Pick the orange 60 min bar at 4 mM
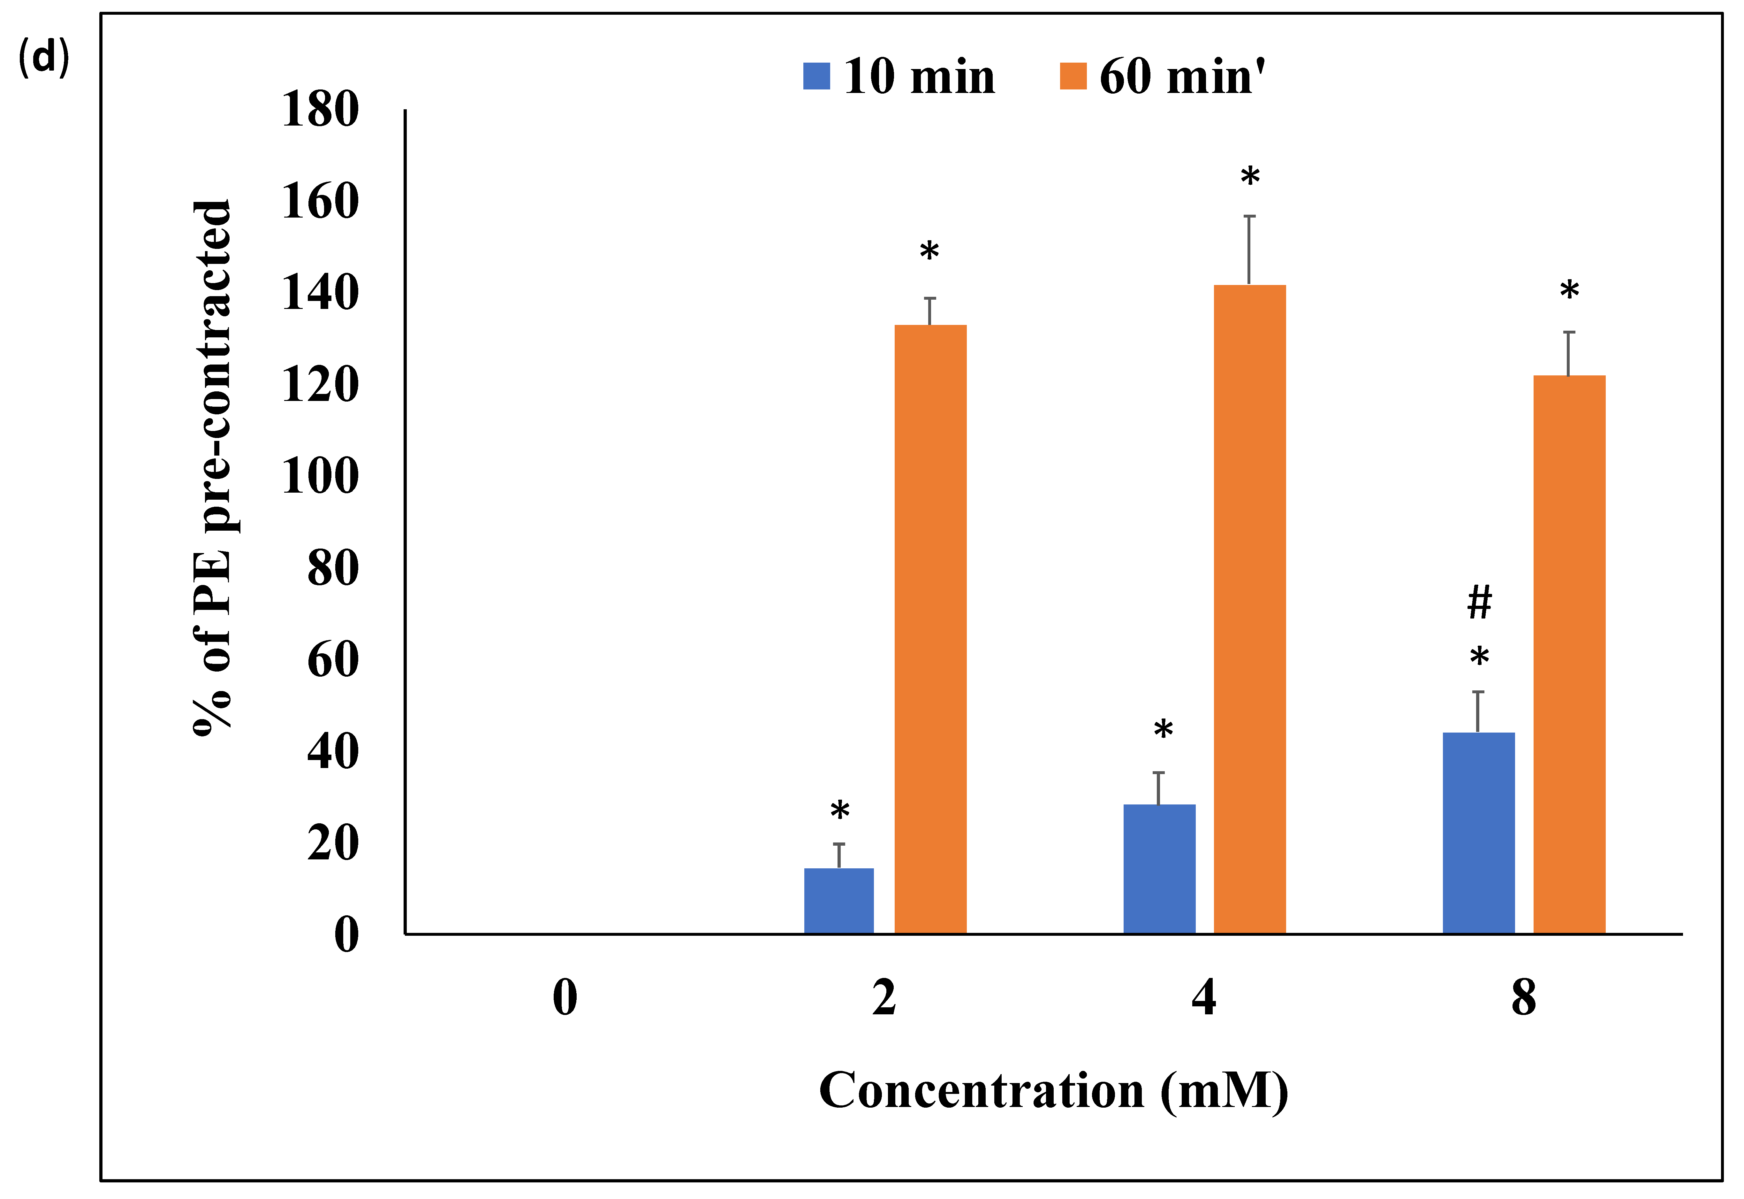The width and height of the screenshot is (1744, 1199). (x=1249, y=609)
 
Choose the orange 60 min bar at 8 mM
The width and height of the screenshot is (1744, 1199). (x=1569, y=654)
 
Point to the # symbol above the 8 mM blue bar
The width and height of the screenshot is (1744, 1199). (x=1479, y=603)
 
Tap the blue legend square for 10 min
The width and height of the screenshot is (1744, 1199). (x=816, y=76)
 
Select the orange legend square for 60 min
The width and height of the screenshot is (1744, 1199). (x=1073, y=76)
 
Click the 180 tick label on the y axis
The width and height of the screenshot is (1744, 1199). (x=320, y=110)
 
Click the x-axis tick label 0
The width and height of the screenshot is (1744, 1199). (x=565, y=998)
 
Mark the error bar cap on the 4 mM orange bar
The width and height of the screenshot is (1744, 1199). (x=1249, y=216)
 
